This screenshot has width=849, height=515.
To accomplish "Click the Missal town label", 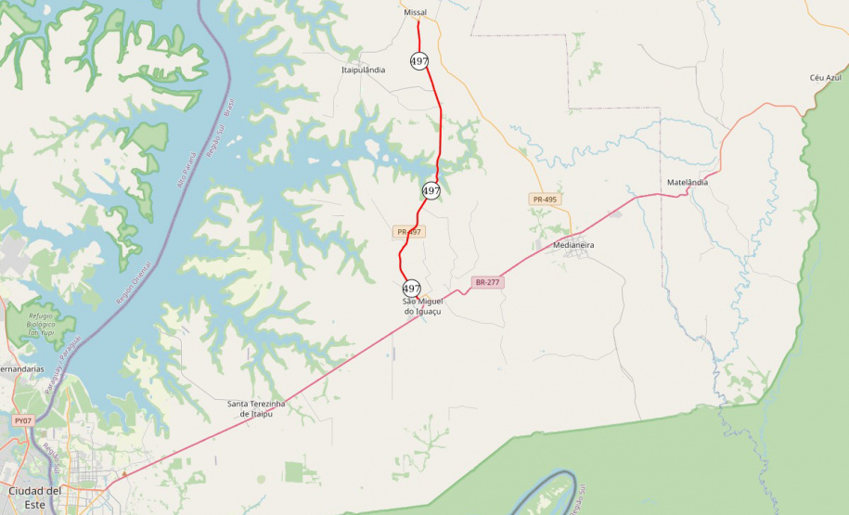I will point(414,13).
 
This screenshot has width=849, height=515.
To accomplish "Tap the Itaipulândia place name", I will point(363,70).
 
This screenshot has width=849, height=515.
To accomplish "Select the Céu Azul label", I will point(824,78).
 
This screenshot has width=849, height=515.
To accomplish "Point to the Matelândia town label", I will point(688,183).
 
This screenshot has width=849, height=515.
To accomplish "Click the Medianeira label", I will point(572,245).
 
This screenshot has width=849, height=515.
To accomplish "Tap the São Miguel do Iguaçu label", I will point(422,306).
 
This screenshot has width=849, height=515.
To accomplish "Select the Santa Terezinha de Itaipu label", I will point(256,408).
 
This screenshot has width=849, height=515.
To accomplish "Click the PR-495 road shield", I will point(545,200).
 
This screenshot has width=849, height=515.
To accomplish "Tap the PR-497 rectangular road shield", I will point(409,232).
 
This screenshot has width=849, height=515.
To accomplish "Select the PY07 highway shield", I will point(24,420).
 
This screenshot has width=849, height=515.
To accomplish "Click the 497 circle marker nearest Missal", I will point(419,61).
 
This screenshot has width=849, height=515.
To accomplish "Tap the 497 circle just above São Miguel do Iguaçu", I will point(412,289).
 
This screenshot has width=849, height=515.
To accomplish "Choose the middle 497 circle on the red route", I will point(431,191).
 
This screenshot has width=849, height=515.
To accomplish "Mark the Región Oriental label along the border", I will point(135,283).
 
